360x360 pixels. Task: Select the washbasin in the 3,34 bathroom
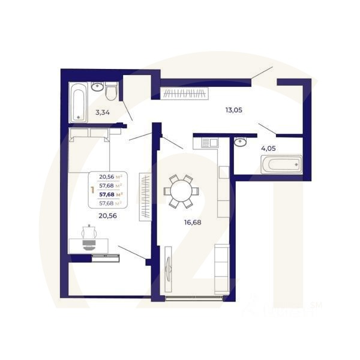[97, 87]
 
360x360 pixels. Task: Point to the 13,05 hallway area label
[233, 110]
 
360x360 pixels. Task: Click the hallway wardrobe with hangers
[185, 94]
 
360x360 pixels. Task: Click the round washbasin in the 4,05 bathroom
[240, 142]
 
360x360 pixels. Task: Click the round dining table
[181, 191]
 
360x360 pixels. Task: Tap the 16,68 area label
[192, 222]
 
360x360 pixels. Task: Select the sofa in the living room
[221, 268]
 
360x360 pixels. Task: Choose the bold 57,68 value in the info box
[111, 194]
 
